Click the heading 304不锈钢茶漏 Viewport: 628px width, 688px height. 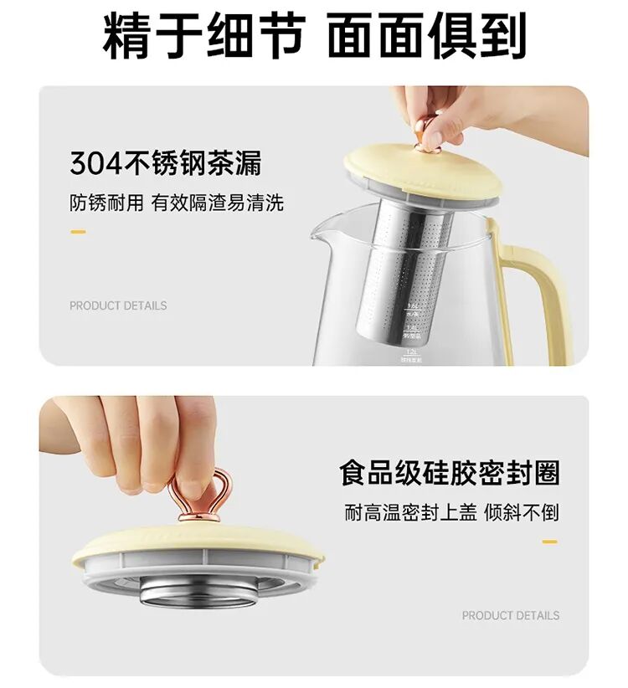click(x=166, y=163)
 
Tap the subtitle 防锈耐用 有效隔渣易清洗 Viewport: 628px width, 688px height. click(x=176, y=203)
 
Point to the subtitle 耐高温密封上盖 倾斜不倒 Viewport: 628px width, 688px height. click(x=451, y=512)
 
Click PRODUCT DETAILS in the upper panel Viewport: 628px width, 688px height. click(x=118, y=305)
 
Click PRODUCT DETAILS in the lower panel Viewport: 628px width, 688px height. click(x=511, y=615)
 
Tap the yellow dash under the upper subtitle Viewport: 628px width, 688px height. click(x=78, y=231)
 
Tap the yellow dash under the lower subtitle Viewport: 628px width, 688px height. click(x=549, y=542)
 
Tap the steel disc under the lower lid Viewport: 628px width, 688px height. click(x=199, y=591)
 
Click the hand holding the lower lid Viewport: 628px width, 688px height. click(x=142, y=439)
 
